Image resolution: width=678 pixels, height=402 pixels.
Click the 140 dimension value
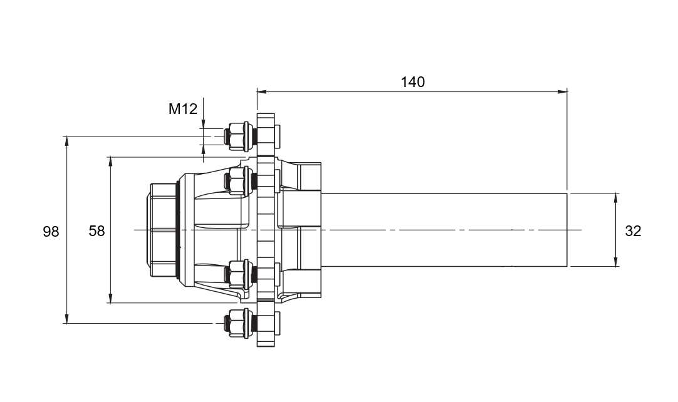click(412, 81)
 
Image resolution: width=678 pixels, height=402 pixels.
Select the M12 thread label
click(182, 109)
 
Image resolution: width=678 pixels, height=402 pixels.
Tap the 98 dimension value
click(51, 232)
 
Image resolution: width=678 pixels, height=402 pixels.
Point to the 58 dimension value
click(97, 231)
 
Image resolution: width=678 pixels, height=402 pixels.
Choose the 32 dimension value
click(633, 231)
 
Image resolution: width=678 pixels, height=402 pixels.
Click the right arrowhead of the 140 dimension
click(562, 91)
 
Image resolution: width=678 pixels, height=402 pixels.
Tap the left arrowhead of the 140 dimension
click(262, 91)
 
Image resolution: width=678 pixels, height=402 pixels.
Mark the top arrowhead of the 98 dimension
click(66, 142)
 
